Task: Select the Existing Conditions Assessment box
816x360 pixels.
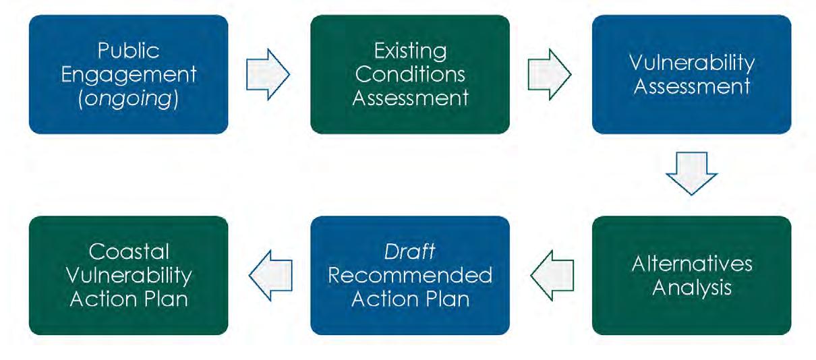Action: [x=409, y=74]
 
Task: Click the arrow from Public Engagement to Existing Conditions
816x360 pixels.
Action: [x=268, y=74]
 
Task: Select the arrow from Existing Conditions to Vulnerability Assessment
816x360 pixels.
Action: [x=550, y=74]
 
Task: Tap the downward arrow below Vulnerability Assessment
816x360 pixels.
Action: [x=691, y=173]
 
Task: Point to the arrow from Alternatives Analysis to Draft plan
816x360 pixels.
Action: [x=551, y=275]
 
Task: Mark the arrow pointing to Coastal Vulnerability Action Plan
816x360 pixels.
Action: [x=269, y=275]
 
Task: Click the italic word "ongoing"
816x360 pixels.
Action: [x=128, y=97]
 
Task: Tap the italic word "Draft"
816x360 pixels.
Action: [x=409, y=252]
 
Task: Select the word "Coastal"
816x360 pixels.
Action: [x=128, y=252]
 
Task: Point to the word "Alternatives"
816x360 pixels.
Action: [x=691, y=264]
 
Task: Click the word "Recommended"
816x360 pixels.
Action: [x=409, y=276]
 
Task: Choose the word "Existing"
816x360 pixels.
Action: [x=409, y=51]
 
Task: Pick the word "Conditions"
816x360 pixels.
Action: [x=409, y=74]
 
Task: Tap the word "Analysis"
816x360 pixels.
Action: [x=691, y=288]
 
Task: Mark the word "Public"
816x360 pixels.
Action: [x=128, y=51]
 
